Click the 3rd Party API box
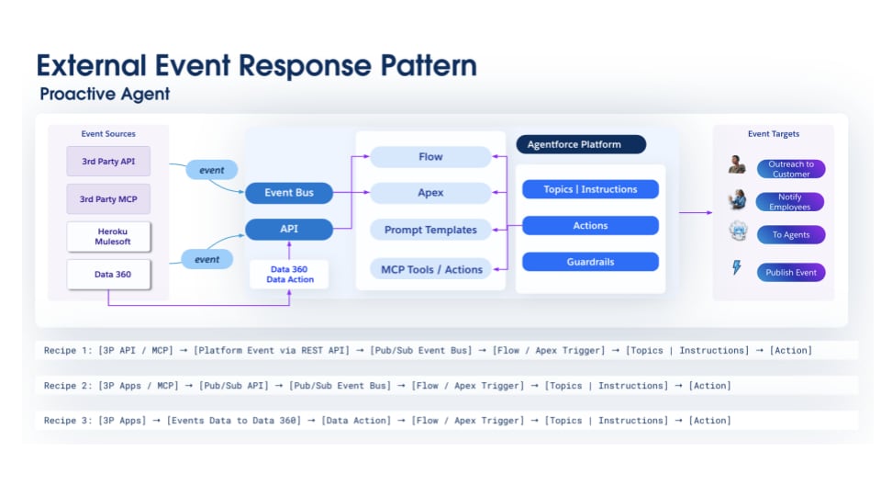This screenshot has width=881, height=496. point(108,162)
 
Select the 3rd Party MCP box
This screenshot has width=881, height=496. point(108,198)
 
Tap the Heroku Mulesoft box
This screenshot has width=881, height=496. point(108,236)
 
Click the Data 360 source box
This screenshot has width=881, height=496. point(108,274)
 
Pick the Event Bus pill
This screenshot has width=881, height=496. point(289,193)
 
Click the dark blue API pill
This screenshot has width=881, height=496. point(289,229)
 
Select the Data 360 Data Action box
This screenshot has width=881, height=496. point(289,274)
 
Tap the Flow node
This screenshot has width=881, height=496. point(430,157)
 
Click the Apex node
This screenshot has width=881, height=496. point(430,193)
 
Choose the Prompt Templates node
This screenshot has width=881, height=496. point(430,230)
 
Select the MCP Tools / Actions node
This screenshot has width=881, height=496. point(430,269)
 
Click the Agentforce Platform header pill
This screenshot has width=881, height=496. point(581,144)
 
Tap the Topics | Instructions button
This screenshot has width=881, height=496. point(590,189)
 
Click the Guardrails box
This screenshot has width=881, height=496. point(590,262)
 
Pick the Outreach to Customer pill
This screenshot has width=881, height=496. point(790,169)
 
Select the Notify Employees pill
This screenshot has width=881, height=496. point(789,202)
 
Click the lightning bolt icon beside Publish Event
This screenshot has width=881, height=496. point(736,268)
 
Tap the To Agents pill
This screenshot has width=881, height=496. point(790,235)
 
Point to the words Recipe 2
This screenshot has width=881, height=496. point(67,386)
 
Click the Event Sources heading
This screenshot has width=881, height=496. point(108,134)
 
